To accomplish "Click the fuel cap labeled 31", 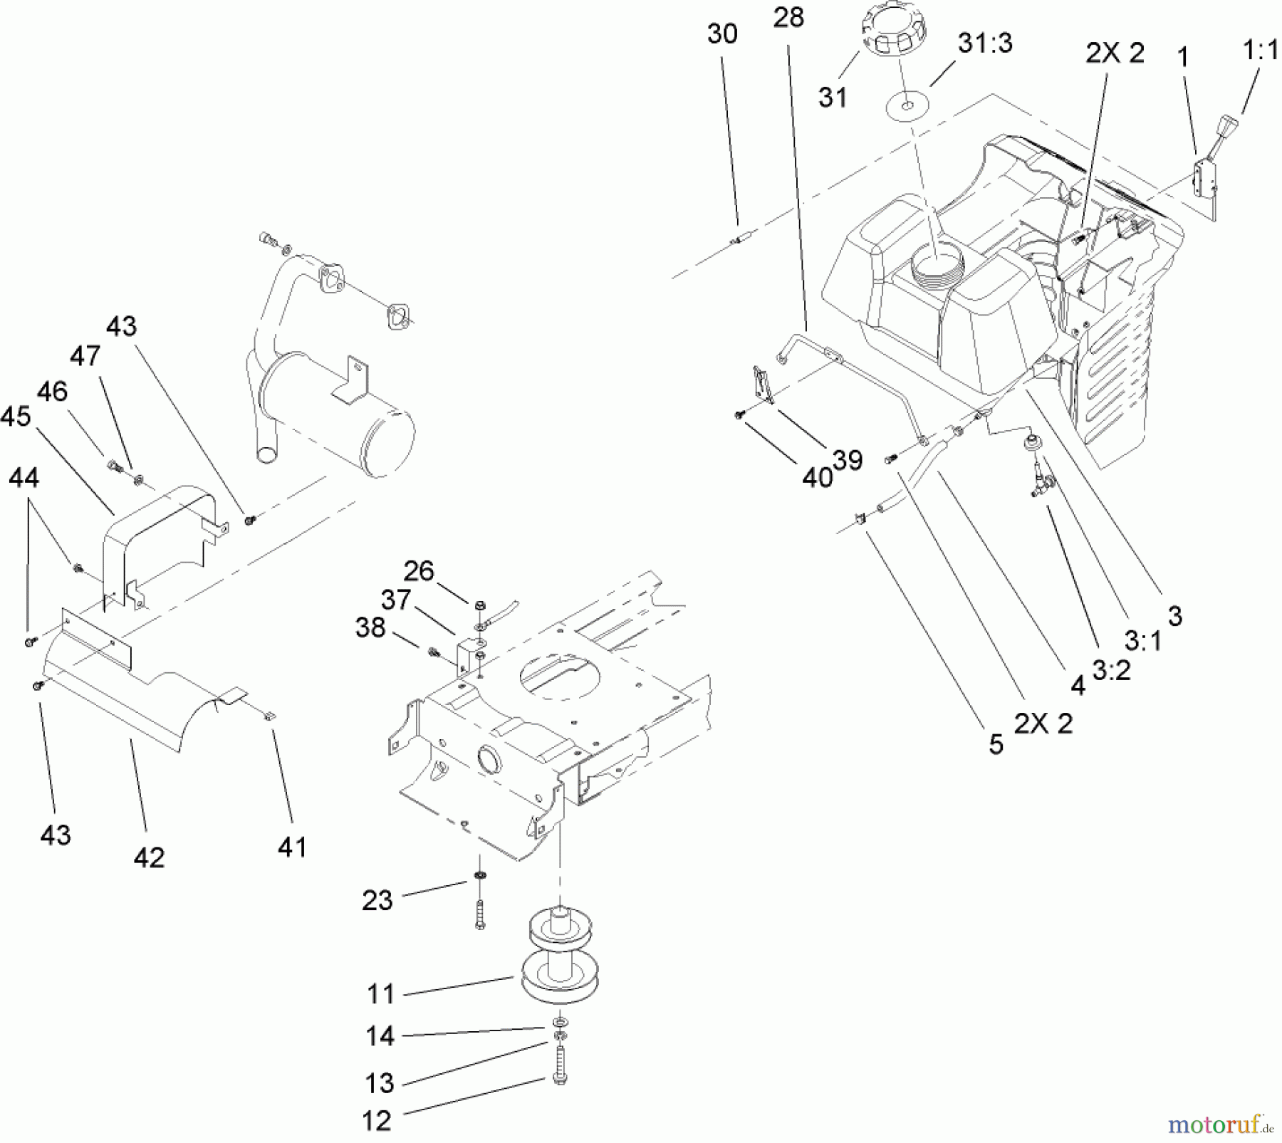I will click(894, 32).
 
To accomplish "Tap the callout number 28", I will click(788, 18).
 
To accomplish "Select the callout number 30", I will click(722, 34).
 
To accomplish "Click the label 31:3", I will click(985, 43).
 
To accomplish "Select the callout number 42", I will click(149, 857).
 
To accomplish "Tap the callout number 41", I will click(292, 847).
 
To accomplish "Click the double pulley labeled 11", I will click(559, 954).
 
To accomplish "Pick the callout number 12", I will click(377, 1121).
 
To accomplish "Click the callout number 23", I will click(377, 900).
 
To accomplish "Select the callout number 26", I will click(418, 571).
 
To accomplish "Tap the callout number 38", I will click(370, 628).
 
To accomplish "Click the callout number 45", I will click(16, 417).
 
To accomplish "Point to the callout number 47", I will click(85, 355).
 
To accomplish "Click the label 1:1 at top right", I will click(1260, 51).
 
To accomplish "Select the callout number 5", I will click(996, 744).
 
